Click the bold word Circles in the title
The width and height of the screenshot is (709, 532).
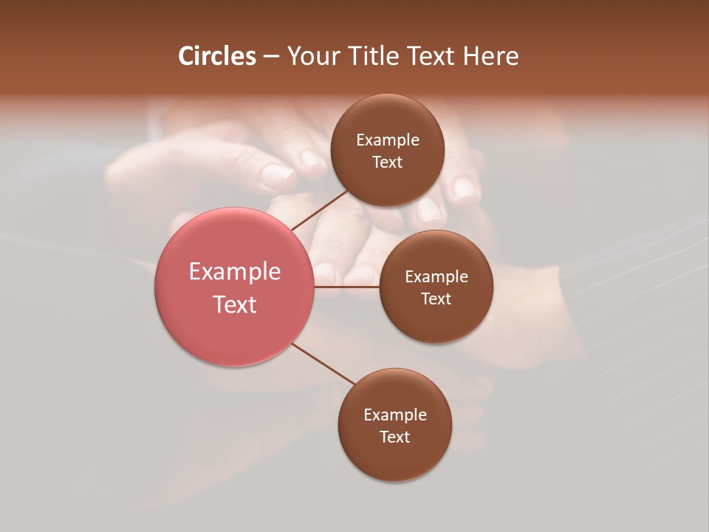click(x=217, y=56)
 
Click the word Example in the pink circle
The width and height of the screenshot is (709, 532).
click(x=235, y=272)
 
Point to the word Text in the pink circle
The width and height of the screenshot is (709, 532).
click(x=235, y=304)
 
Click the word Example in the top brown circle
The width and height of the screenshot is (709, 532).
click(x=388, y=140)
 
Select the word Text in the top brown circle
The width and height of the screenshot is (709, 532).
click(x=388, y=163)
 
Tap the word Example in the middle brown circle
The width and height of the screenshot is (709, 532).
click(x=436, y=277)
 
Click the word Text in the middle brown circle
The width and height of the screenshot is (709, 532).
click(x=436, y=299)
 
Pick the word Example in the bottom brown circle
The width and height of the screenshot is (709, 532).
click(x=395, y=415)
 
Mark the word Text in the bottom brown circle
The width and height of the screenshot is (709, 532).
click(x=395, y=437)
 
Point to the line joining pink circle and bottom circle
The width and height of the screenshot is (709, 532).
click(x=323, y=364)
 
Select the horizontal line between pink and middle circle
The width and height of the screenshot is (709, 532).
click(x=347, y=286)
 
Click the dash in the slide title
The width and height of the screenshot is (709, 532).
click(x=271, y=57)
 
